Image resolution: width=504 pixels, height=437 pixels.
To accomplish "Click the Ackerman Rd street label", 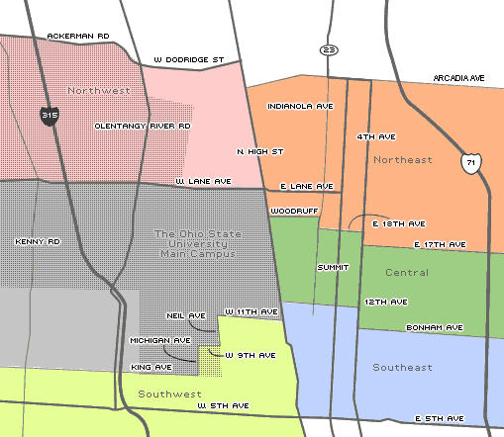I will pos(77,36).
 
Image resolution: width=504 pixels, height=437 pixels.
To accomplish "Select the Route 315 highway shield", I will pos(49,116).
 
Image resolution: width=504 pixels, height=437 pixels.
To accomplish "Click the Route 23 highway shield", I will pos(329,49).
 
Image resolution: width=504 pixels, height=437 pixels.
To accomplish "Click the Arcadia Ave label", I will pos(457,77).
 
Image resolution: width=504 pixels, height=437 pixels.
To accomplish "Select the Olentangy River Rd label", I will pos(142,127).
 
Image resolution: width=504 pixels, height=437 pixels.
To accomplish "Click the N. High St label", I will pos(260,151).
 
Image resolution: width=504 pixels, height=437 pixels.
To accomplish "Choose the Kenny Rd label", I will pos(38,240).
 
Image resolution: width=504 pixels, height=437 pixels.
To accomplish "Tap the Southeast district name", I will pos(402,368).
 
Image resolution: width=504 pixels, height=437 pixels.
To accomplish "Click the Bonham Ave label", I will pos(435,327).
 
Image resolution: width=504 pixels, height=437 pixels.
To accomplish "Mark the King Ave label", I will pos(151,366).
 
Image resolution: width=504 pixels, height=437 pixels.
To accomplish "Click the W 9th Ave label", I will pos(251,354).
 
